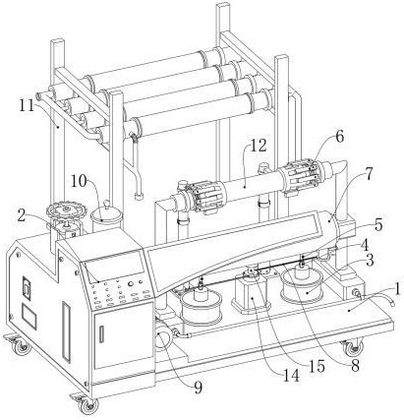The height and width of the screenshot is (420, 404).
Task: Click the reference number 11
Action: tap(28, 105)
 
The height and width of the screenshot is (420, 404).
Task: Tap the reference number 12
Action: tap(259, 146)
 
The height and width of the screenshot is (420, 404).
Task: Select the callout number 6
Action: tap(339, 137)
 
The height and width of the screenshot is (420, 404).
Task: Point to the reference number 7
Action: tap(369, 175)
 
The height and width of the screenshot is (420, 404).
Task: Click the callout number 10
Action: tap(79, 181)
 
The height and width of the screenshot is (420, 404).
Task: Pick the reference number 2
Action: tap(22, 216)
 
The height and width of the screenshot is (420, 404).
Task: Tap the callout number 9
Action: tap(198, 388)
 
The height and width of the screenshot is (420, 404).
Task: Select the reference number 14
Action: tap(291, 376)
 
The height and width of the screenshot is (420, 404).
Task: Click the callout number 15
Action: tap(317, 366)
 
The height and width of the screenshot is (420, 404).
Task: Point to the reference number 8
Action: tap(355, 365)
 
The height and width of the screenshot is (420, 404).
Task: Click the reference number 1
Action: tap(397, 289)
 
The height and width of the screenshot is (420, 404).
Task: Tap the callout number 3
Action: tap(370, 261)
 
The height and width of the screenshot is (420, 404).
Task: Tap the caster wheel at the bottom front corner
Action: tap(87, 405)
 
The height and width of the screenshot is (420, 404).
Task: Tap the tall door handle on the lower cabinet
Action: tap(66, 331)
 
